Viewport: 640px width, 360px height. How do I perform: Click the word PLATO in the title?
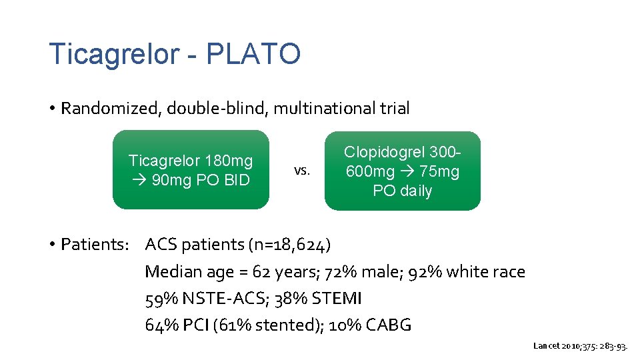(x=253, y=54)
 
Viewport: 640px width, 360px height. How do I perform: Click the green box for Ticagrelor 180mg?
(x=191, y=170)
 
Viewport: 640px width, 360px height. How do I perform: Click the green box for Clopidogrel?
(x=402, y=171)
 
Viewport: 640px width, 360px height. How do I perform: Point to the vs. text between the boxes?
(x=302, y=171)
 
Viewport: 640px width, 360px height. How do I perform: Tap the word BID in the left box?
(x=236, y=181)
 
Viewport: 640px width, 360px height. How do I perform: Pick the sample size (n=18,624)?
(x=289, y=245)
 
